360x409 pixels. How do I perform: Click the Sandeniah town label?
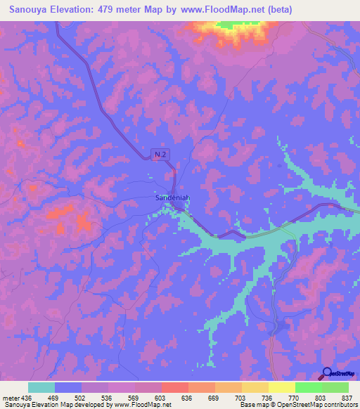(172, 198)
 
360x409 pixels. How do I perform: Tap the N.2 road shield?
(161, 154)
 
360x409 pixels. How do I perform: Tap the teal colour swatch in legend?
(41, 387)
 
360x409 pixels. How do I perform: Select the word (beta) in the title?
(276, 10)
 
